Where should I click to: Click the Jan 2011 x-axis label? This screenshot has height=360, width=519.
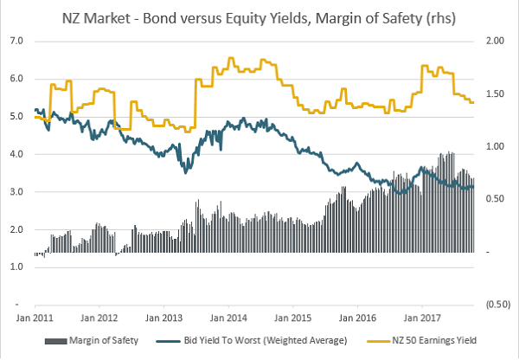point(35,318)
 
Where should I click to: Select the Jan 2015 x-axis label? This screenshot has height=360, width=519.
point(292,318)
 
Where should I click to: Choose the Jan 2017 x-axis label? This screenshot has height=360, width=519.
point(421,318)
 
